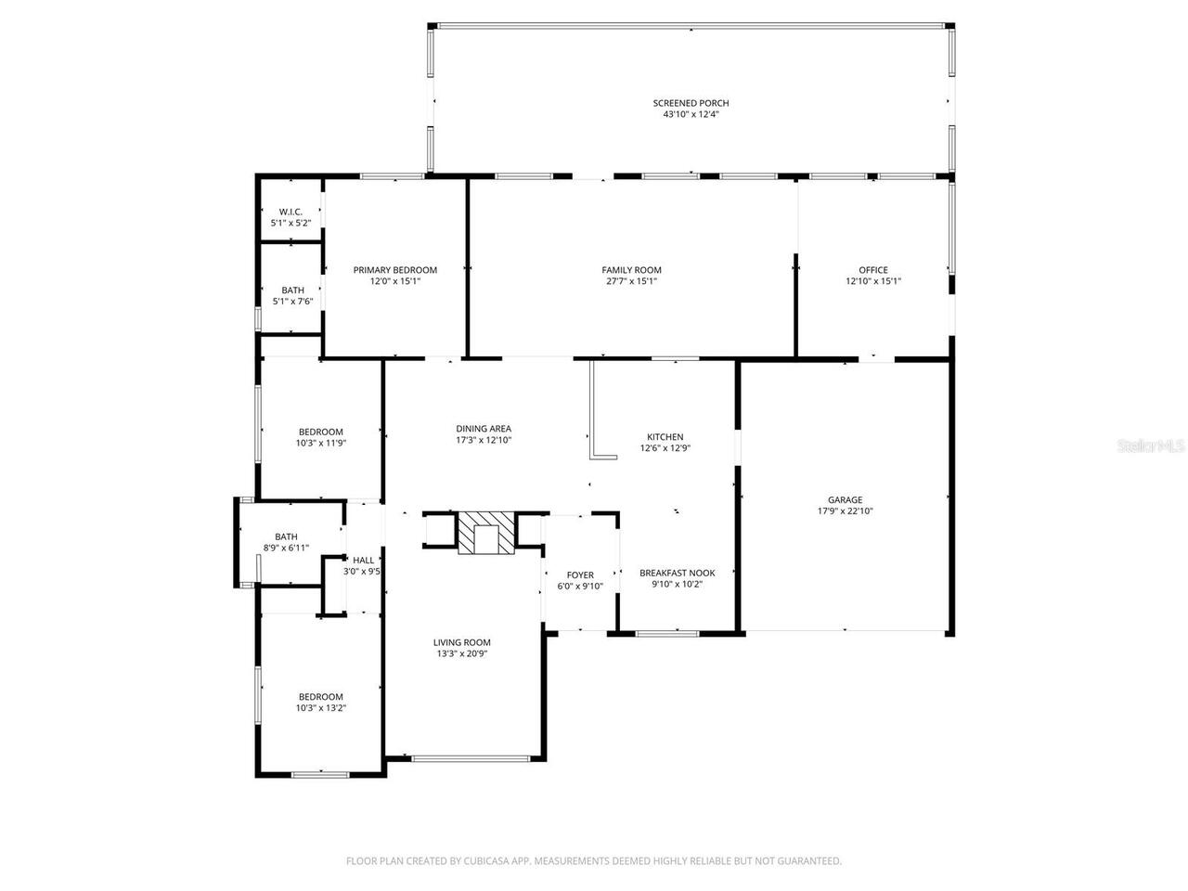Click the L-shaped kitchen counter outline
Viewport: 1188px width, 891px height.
pyautogui.click(x=592, y=411)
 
